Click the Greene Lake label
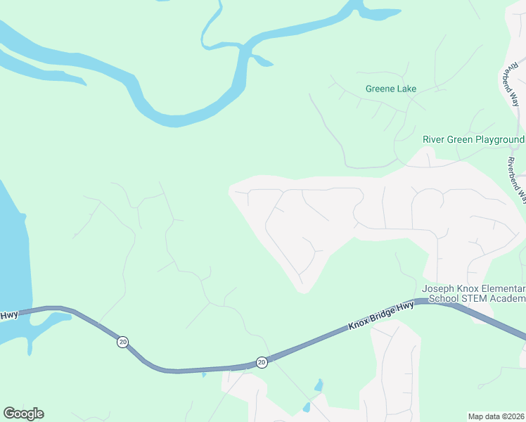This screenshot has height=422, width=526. (390, 89)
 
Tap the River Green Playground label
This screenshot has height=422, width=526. (473, 139)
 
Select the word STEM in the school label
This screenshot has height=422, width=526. (475, 299)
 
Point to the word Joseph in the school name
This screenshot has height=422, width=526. (437, 289)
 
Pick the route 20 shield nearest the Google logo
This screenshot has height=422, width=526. (123, 342)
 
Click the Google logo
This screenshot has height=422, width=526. (23, 414)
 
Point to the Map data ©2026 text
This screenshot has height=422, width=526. (496, 416)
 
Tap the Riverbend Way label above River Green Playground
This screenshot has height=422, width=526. (510, 87)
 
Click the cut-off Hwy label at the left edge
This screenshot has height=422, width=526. (8, 315)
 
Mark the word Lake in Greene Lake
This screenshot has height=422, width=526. (406, 89)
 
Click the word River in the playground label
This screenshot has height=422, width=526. (434, 139)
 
